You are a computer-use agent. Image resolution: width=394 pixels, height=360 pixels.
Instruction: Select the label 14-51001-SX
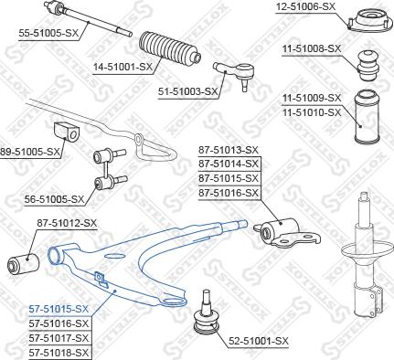click(x=122, y=67)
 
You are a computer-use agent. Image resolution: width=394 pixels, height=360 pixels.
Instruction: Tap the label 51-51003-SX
click(x=187, y=91)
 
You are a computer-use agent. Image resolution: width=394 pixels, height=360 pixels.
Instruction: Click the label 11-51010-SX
click(x=310, y=112)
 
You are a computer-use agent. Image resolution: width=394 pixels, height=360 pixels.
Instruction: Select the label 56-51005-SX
click(x=54, y=198)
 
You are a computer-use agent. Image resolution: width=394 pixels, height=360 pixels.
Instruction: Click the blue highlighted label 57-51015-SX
click(x=59, y=310)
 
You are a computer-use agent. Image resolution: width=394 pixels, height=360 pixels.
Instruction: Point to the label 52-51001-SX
click(x=257, y=341)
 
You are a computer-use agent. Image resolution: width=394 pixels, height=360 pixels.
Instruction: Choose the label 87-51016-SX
click(x=229, y=193)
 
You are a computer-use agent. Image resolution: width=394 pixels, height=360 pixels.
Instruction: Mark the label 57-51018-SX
click(x=59, y=352)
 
